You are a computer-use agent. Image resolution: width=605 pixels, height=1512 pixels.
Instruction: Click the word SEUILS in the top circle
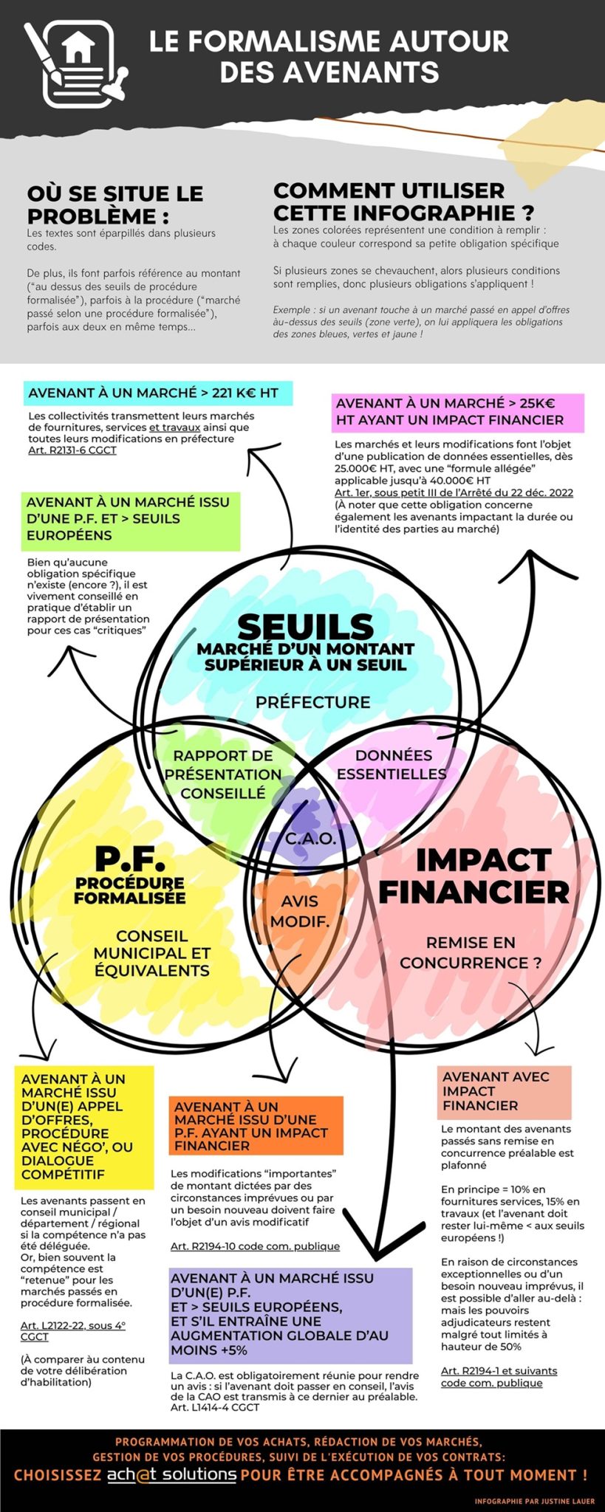306,627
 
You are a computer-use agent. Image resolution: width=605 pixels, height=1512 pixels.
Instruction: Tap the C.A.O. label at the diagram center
311,839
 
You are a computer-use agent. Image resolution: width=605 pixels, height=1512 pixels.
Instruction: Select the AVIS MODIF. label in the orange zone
300,911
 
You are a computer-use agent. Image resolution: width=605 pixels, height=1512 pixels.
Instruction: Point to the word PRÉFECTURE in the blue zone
313,702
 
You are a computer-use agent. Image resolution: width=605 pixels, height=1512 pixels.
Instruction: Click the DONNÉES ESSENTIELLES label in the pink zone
392,764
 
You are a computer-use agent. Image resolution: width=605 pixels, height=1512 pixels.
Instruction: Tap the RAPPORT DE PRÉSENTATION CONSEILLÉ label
223,774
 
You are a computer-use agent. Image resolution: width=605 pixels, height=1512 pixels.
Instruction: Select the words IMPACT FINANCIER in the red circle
474,876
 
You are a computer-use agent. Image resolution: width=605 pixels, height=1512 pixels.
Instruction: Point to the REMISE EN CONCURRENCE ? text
471,952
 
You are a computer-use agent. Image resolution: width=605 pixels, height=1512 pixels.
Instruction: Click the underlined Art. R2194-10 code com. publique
255,1246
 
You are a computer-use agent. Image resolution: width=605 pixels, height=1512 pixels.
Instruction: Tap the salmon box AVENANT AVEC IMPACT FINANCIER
504,1092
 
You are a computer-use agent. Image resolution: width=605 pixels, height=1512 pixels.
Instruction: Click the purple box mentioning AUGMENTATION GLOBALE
291,1316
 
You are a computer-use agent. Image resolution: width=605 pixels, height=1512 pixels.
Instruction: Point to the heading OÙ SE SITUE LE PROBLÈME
115,205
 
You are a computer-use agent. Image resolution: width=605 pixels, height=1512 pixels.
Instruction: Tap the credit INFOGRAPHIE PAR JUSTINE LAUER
535,1501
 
